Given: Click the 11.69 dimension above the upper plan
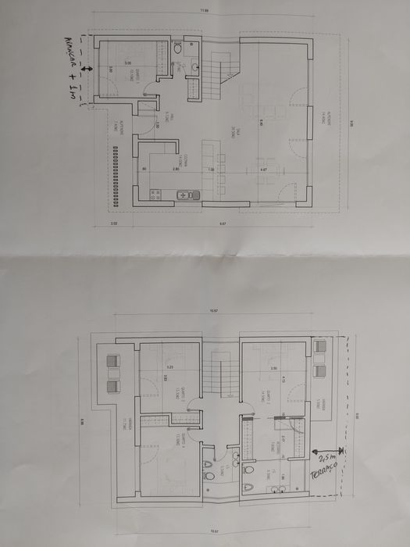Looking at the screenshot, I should pyautogui.click(x=205, y=10).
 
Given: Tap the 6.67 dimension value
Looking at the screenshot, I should pyautogui.click(x=223, y=223).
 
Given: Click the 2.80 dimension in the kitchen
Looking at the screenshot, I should pyautogui.click(x=176, y=170).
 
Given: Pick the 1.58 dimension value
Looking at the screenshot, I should pyautogui.click(x=211, y=170).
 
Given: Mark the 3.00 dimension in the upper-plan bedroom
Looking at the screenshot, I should pyautogui.click(x=127, y=63).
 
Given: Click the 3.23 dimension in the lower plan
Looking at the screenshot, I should pyautogui.click(x=169, y=367).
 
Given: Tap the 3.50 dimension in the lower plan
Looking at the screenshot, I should pyautogui.click(x=273, y=367).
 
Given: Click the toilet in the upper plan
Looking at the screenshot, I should pyautogui.click(x=177, y=49).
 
